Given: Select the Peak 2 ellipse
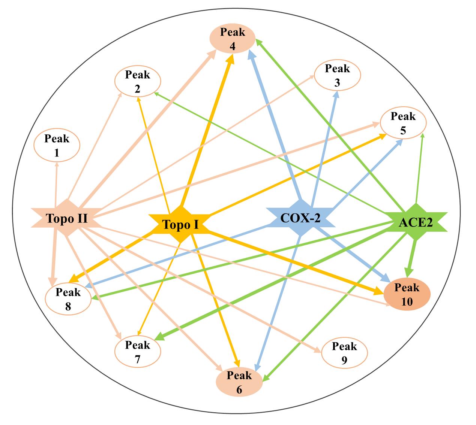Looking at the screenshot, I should click(137, 81).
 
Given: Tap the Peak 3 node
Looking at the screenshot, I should click(337, 75).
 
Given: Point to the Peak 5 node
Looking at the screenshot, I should click(403, 123).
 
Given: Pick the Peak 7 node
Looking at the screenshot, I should click(137, 352).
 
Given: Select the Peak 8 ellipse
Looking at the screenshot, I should click(68, 299).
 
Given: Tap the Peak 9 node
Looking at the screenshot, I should click(344, 352).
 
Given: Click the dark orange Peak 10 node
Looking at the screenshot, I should click(407, 295).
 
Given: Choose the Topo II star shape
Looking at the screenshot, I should click(67, 218).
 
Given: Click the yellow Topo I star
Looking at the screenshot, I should click(180, 224).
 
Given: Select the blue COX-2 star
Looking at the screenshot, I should click(301, 217).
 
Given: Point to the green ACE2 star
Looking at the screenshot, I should click(416, 222).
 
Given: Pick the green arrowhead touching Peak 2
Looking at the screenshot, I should click(157, 94).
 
